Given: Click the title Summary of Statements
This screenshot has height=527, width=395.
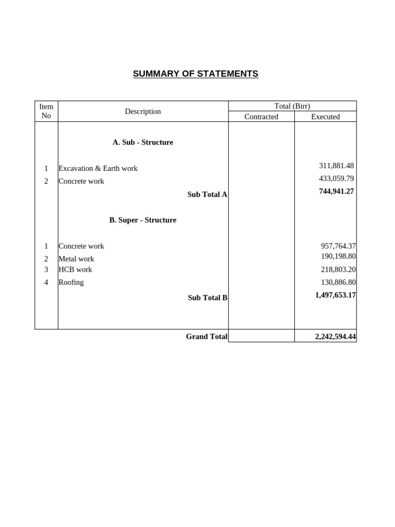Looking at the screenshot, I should (x=195, y=74).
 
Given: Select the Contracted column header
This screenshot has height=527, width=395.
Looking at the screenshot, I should (x=261, y=117).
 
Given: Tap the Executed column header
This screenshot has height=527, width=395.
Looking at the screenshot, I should (x=325, y=117).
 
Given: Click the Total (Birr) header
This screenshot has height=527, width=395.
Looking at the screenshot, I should (x=292, y=106).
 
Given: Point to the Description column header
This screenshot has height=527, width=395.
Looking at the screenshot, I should (x=143, y=111).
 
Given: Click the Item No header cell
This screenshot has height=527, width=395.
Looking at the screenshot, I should (x=46, y=111).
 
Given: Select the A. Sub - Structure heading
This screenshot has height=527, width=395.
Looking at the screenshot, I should (x=143, y=142).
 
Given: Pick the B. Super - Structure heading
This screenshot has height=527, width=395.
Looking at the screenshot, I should (x=143, y=220).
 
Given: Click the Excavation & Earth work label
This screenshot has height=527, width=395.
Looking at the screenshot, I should (x=98, y=168).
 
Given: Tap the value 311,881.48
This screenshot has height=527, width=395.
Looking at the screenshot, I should (x=336, y=166).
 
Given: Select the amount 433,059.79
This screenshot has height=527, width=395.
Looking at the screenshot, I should (x=336, y=179).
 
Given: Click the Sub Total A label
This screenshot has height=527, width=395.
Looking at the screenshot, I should (x=207, y=195).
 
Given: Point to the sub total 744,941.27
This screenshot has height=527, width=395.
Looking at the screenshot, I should (x=336, y=191).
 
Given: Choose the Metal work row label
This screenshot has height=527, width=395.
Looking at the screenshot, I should (x=76, y=259).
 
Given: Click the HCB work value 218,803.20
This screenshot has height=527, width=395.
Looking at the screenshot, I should (x=338, y=269).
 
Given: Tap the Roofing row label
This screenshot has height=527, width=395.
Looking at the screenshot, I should (x=71, y=282).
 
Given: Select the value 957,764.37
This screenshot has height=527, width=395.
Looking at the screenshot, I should (x=338, y=246).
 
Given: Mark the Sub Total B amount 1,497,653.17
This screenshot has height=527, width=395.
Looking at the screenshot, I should (x=335, y=295).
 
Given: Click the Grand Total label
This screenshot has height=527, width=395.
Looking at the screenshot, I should (x=206, y=337).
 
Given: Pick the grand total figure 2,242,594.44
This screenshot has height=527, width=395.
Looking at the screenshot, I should (x=335, y=337).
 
